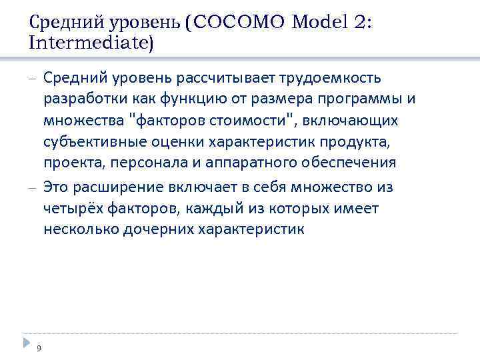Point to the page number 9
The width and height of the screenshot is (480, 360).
point(39,347)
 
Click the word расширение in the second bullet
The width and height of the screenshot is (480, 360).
point(113,187)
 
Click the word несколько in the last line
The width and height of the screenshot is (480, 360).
point(79,230)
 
